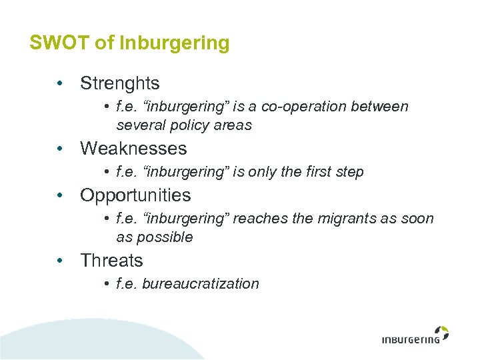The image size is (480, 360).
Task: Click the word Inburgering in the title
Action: pyautogui.click(x=174, y=44)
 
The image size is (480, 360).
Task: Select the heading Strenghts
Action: pyautogui.click(x=120, y=83)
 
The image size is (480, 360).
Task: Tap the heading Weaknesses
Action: pyautogui.click(x=133, y=148)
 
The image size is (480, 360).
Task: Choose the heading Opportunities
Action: pyautogui.click(x=135, y=195)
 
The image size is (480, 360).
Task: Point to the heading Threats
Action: pyautogui.click(x=111, y=261)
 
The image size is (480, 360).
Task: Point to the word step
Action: pyautogui.click(x=351, y=172)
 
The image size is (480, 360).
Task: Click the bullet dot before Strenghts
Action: pyautogui.click(x=60, y=83)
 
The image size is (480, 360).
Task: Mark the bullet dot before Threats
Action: pyautogui.click(x=60, y=261)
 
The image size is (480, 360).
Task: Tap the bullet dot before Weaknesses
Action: pyautogui.click(x=60, y=148)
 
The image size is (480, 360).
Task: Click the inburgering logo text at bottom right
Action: pyautogui.click(x=411, y=339)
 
